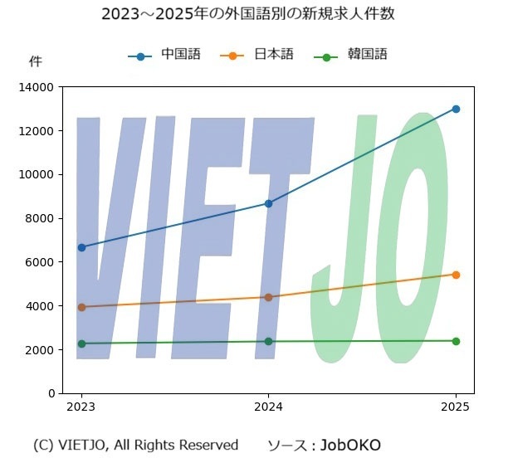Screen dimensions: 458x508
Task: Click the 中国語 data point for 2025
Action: (x=456, y=109)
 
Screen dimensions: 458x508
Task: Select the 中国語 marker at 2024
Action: (x=268, y=203)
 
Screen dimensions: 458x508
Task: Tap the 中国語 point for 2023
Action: (x=81, y=247)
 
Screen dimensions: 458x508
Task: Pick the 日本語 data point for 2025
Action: (x=456, y=275)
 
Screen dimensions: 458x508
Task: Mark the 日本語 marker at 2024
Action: (x=268, y=297)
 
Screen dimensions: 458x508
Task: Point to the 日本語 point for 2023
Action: (x=81, y=307)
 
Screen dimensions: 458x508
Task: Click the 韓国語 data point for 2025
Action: (x=456, y=341)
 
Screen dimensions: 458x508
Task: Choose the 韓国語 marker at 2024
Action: (x=268, y=341)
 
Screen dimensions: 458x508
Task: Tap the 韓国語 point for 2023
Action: (x=81, y=343)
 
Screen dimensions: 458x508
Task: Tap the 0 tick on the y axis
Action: (x=50, y=393)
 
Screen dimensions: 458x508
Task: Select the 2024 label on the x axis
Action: (x=268, y=407)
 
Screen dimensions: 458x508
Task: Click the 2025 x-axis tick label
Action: (x=456, y=407)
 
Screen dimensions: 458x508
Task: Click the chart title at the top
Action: (x=253, y=15)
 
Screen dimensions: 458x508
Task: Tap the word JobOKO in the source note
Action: (x=350, y=446)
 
